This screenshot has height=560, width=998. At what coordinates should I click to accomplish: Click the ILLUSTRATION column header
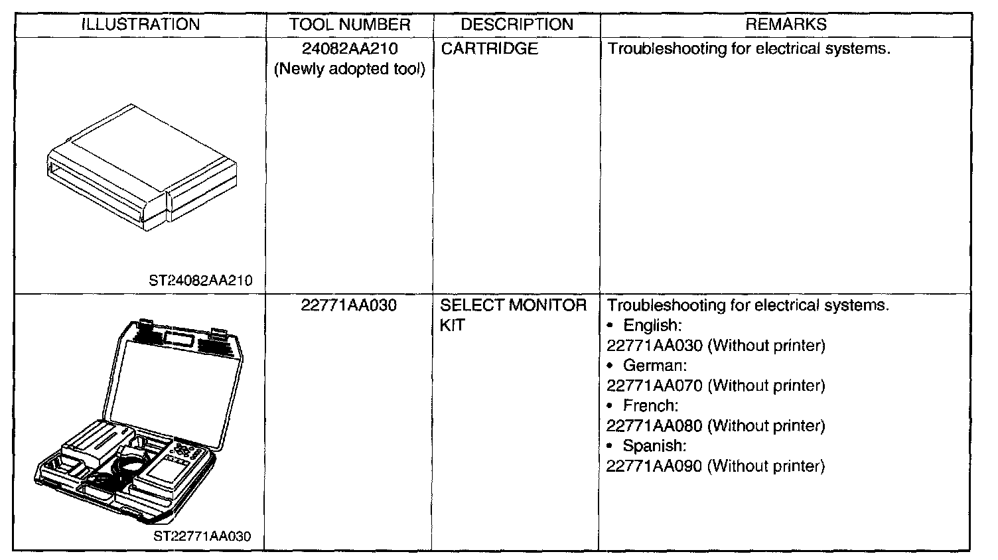pyautogui.click(x=140, y=25)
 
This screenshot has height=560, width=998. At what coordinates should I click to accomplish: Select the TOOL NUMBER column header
pyautogui.click(x=350, y=25)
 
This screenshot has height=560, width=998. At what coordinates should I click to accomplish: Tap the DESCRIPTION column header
pyautogui.click(x=516, y=25)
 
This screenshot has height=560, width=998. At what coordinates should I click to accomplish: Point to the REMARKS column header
pyautogui.click(x=786, y=25)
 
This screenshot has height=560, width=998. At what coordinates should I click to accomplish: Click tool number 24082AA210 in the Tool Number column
pyautogui.click(x=350, y=49)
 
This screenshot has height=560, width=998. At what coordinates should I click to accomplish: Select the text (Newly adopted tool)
pyautogui.click(x=350, y=69)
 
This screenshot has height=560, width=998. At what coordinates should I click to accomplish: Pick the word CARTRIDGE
pyautogui.click(x=489, y=49)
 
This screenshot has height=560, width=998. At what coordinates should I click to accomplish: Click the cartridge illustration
pyautogui.click(x=142, y=166)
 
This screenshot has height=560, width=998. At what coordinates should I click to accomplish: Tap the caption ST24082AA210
pyautogui.click(x=201, y=281)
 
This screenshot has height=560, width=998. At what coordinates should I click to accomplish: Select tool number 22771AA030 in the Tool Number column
pyautogui.click(x=349, y=306)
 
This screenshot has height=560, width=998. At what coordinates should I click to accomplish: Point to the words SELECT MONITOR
pyautogui.click(x=514, y=306)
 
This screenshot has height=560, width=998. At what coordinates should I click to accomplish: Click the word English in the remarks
pyautogui.click(x=652, y=326)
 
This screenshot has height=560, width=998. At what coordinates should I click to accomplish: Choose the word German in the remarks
pyautogui.click(x=654, y=366)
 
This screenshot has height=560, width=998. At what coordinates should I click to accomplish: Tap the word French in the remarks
pyautogui.click(x=650, y=405)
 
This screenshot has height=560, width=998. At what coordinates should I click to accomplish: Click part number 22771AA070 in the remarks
pyautogui.click(x=654, y=385)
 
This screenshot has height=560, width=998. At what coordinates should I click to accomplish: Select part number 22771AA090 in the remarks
pyautogui.click(x=654, y=466)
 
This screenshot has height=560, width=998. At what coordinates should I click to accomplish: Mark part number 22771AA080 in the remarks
pyautogui.click(x=654, y=426)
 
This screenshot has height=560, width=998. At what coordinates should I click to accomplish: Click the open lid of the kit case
pyautogui.click(x=173, y=378)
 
